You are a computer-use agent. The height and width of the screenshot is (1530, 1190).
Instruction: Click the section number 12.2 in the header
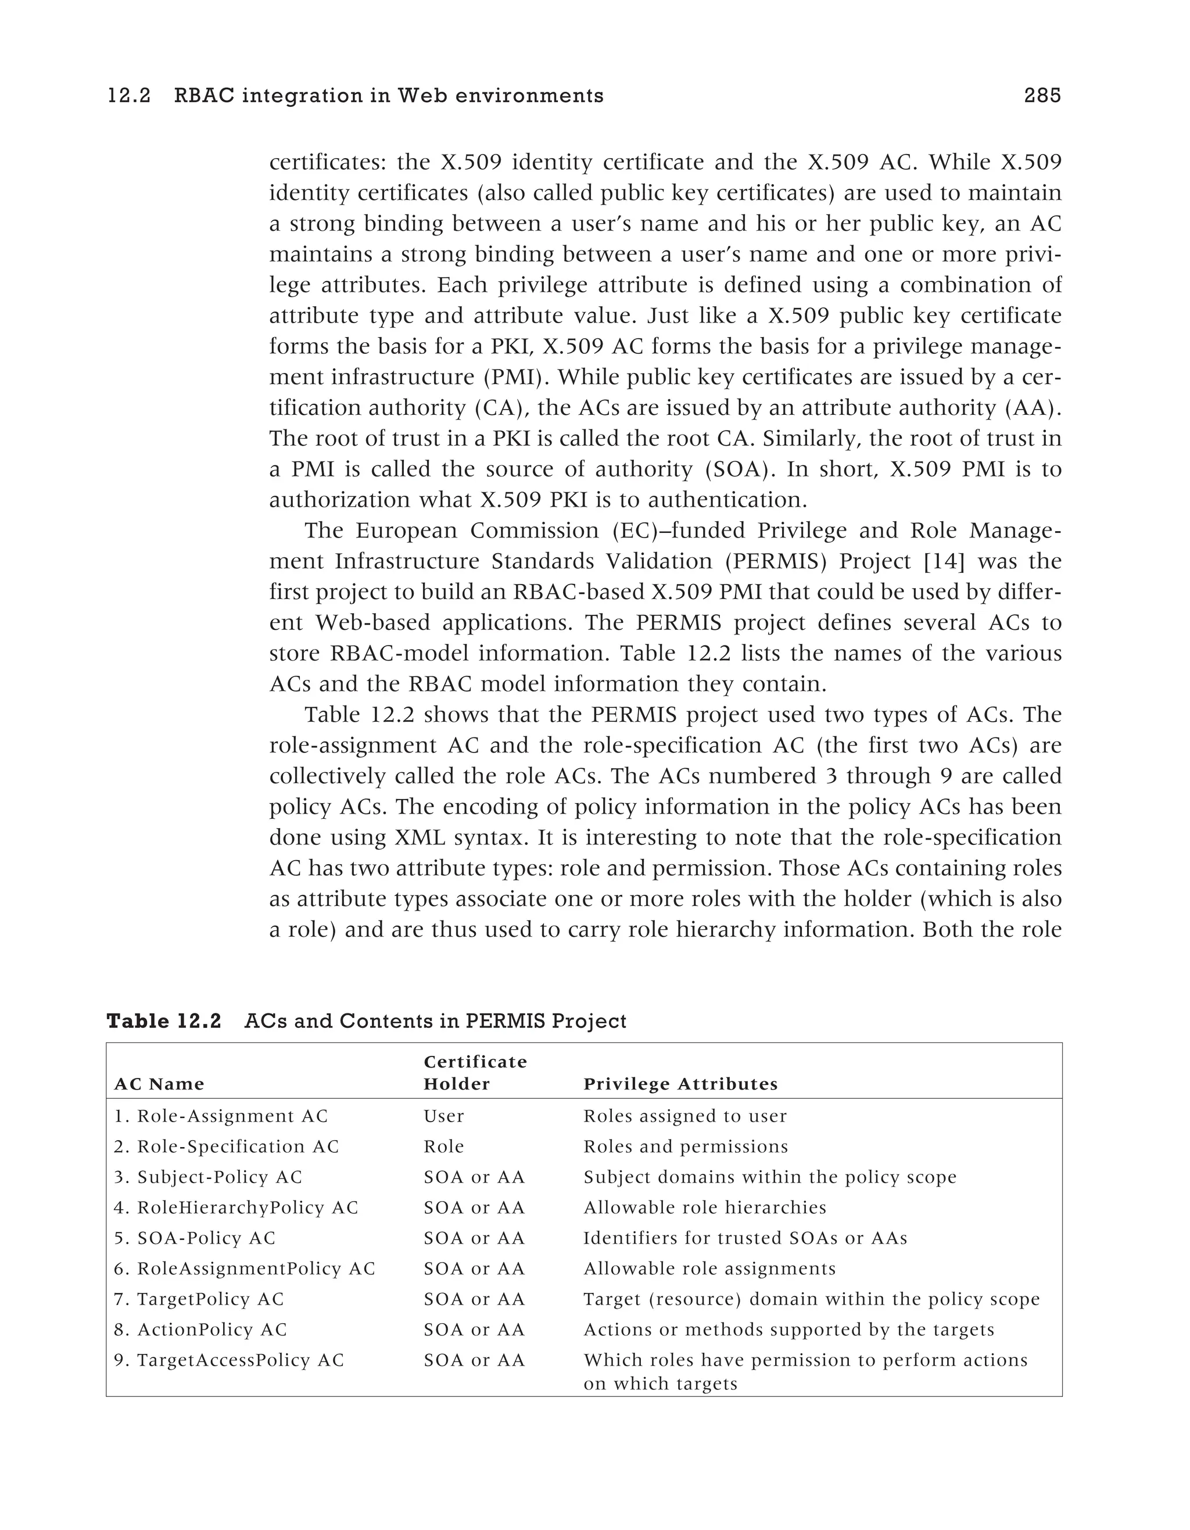[129, 95]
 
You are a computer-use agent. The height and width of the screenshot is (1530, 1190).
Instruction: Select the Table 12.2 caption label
[163, 1022]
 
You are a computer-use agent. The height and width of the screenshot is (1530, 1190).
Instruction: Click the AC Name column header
[159, 1084]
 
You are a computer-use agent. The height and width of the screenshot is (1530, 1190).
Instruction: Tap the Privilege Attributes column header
[680, 1084]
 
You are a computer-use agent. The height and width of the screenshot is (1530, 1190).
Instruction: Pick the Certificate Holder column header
[474, 1073]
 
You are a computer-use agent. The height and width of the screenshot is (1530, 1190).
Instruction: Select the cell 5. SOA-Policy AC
[195, 1238]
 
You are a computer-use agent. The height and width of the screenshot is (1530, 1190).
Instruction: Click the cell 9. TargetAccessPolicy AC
[229, 1360]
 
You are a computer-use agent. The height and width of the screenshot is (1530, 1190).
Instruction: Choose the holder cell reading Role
[443, 1147]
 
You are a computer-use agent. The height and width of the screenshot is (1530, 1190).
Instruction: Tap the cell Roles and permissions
[685, 1147]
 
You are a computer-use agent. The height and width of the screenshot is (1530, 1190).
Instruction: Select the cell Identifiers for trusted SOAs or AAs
[744, 1238]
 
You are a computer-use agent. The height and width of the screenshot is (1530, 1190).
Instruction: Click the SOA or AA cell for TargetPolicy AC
[474, 1299]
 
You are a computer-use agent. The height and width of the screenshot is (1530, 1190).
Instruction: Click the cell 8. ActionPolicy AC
[200, 1330]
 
